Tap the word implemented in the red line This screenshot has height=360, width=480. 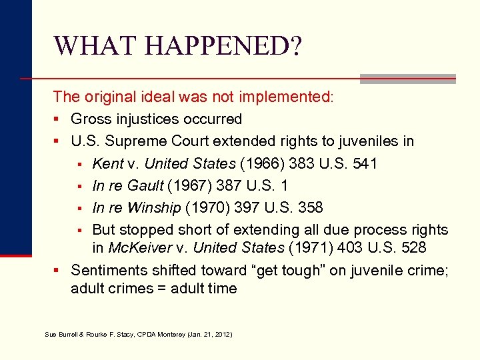point(285,97)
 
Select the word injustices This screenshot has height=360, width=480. point(151,119)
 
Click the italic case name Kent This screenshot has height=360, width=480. point(107,163)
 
